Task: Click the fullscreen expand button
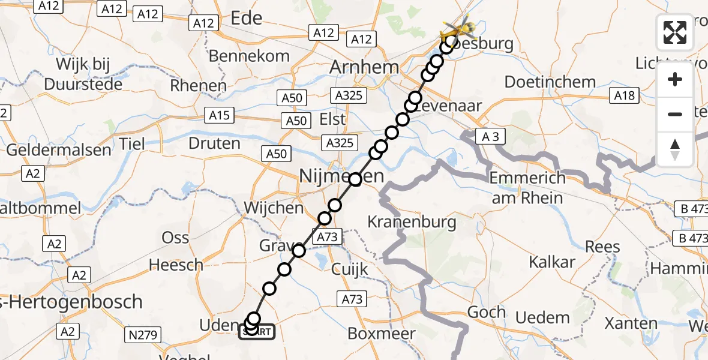pyautogui.click(x=675, y=32)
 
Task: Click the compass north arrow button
pyautogui.click(x=675, y=149)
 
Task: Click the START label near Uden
pyautogui.click(x=258, y=332)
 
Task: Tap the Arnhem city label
pyautogui.click(x=364, y=67)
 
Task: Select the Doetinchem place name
pyautogui.click(x=550, y=82)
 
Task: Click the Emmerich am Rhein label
pyautogui.click(x=527, y=188)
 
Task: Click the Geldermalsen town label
pyautogui.click(x=59, y=149)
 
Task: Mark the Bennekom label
pyautogui.click(x=249, y=56)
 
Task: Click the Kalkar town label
pyautogui.click(x=552, y=262)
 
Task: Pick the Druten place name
pyautogui.click(x=214, y=143)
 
